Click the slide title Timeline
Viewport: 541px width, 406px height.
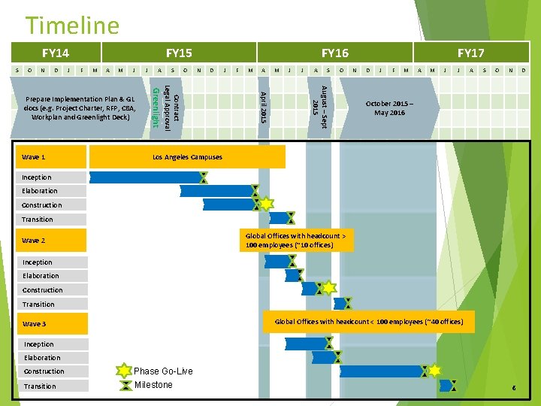(x=72, y=26)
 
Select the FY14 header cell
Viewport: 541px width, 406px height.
(x=56, y=53)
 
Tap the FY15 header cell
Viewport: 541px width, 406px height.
(x=179, y=53)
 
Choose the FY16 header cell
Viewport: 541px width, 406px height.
(x=334, y=53)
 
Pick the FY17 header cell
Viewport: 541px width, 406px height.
(x=470, y=53)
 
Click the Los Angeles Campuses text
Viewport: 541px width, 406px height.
(x=187, y=157)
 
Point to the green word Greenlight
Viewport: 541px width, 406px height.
(x=156, y=108)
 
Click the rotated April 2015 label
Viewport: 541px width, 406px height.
(x=262, y=107)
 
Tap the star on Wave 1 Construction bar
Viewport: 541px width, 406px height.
(x=266, y=205)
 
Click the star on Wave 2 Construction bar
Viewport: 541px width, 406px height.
(x=328, y=288)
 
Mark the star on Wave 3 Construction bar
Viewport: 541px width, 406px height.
(x=434, y=371)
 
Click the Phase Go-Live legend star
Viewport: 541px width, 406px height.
(x=124, y=371)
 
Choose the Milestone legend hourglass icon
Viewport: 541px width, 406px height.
(x=124, y=385)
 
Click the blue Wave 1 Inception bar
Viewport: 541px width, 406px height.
(x=144, y=177)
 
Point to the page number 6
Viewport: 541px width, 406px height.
(x=513, y=388)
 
